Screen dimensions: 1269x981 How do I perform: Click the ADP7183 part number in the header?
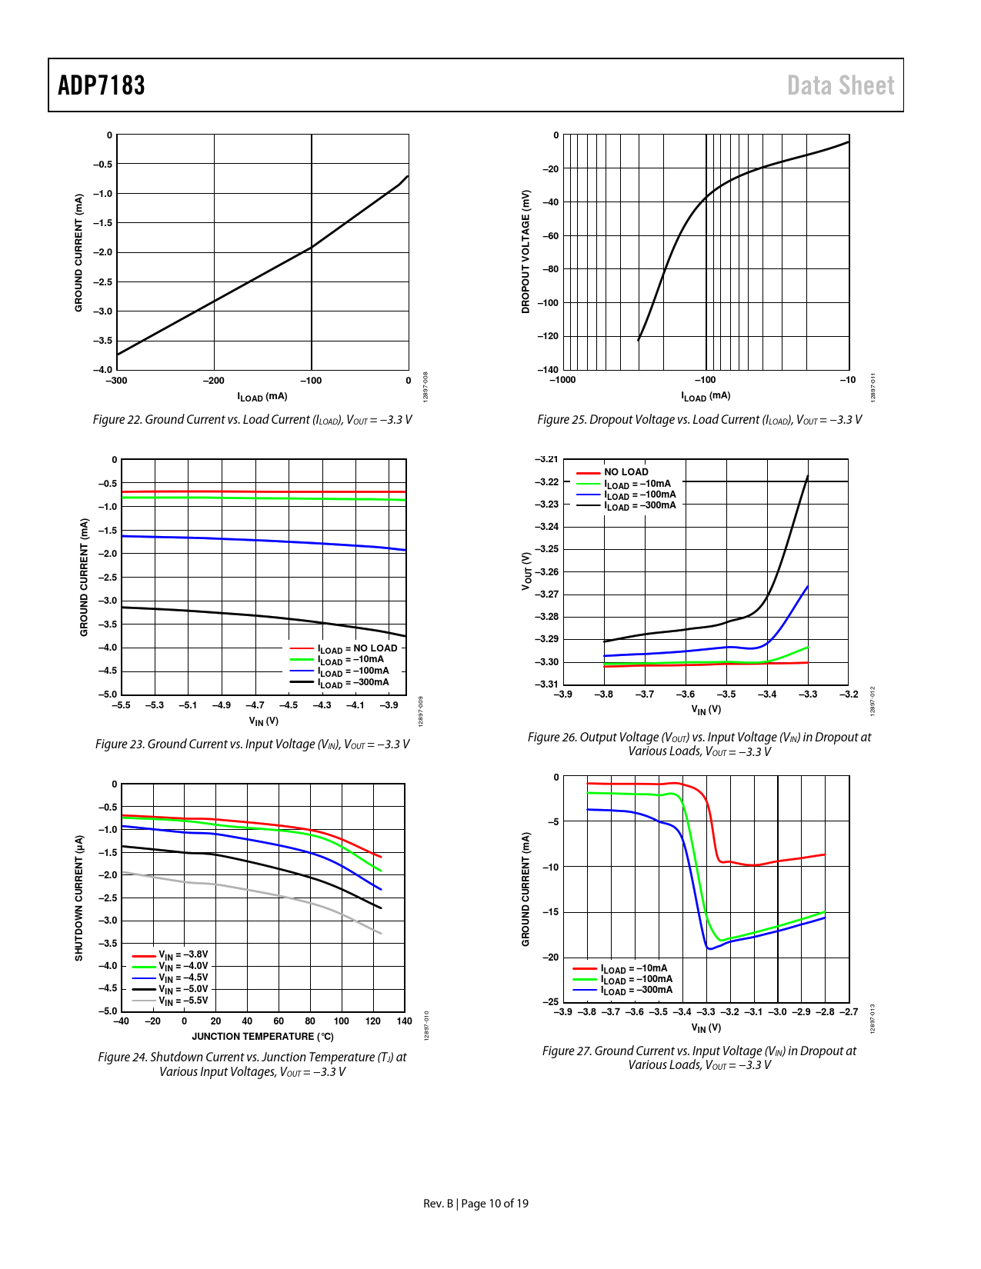click(102, 85)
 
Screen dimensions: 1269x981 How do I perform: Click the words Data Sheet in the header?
click(840, 85)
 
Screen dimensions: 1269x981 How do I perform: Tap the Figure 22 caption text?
click(252, 420)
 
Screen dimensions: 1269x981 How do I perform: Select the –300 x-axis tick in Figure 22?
click(116, 381)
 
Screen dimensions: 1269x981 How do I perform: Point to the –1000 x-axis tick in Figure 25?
click(562, 380)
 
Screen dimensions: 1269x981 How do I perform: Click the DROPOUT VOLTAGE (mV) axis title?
click(526, 251)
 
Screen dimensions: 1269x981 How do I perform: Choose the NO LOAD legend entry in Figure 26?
click(626, 472)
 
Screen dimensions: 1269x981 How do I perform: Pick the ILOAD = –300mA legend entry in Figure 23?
click(353, 683)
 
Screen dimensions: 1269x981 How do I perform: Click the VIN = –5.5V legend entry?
click(183, 1001)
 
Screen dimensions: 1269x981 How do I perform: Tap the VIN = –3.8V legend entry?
click(183, 955)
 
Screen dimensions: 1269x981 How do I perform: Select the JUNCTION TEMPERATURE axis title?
click(262, 1037)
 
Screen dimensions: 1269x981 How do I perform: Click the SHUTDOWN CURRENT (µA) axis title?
click(78, 898)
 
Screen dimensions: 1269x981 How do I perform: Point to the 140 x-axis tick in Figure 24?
click(405, 1021)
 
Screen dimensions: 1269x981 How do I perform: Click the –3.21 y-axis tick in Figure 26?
click(547, 459)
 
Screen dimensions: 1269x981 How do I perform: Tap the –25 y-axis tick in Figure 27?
click(551, 1002)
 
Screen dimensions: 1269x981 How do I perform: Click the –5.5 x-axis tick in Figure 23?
click(122, 705)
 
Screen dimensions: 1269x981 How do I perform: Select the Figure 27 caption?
click(699, 1057)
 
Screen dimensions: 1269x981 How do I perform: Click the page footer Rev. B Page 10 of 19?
click(475, 1204)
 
